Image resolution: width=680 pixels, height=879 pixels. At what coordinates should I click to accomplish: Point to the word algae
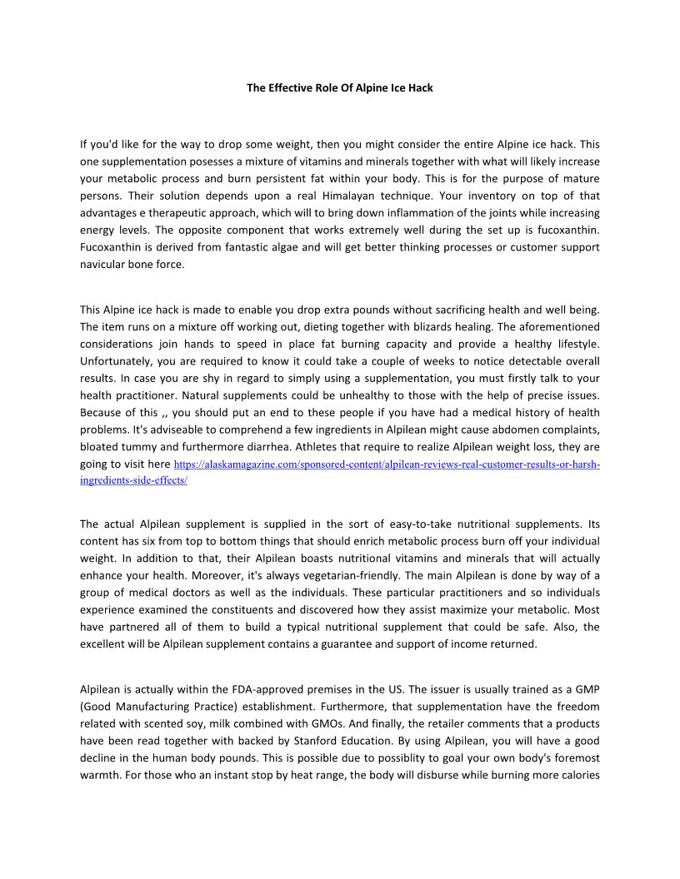coord(282,247)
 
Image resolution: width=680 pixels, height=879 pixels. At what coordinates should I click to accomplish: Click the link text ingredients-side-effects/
coord(133,480)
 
